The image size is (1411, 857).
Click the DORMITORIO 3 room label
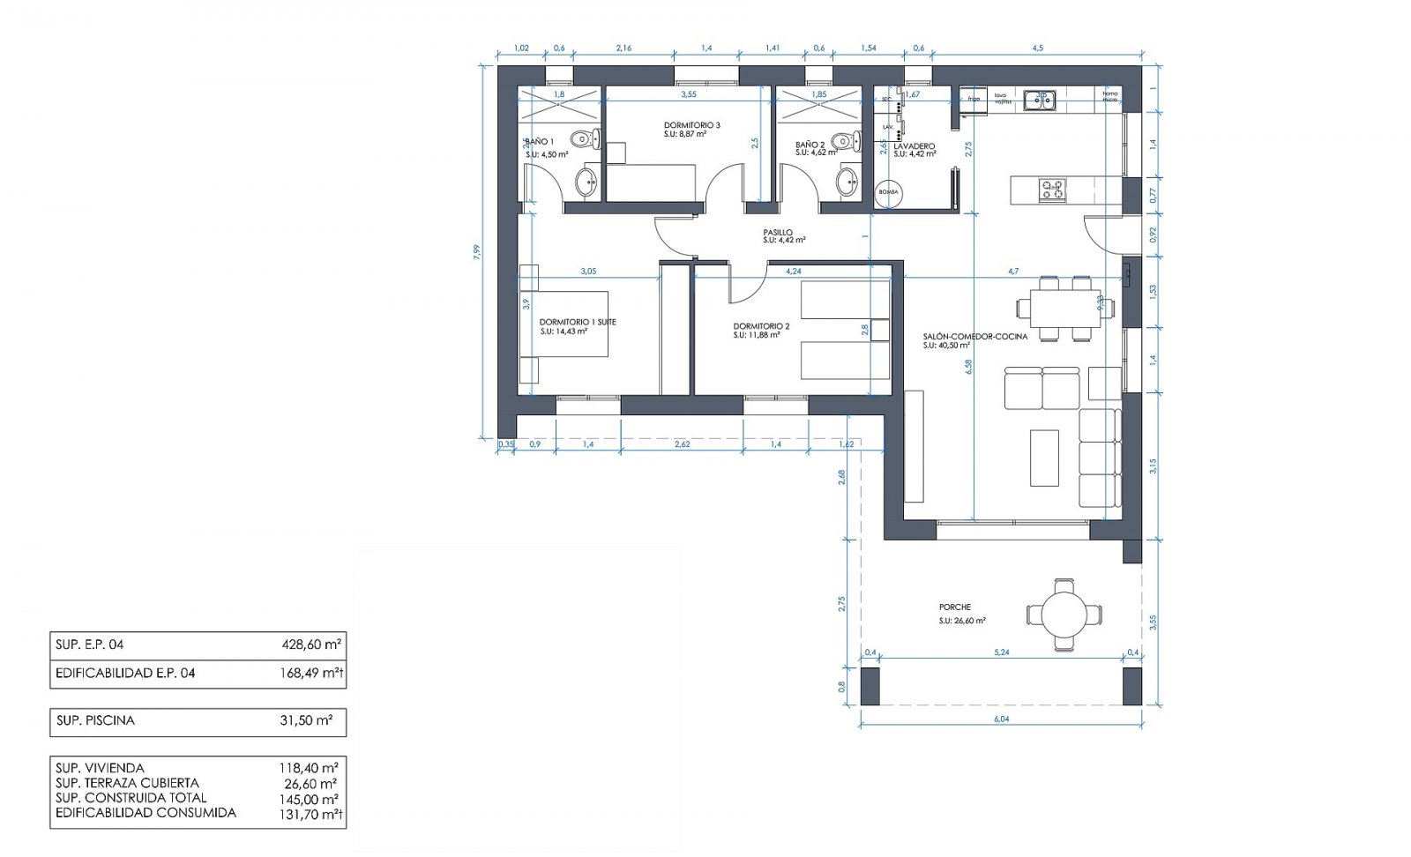click(x=691, y=125)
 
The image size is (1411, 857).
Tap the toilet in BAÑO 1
click(x=584, y=139)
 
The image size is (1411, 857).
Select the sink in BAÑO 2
click(x=847, y=183)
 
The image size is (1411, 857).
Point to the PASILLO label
click(x=778, y=233)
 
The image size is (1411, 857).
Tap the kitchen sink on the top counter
click(x=1038, y=101)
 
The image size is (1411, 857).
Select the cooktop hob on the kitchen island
click(x=1052, y=189)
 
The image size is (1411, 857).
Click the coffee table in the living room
click(x=1044, y=457)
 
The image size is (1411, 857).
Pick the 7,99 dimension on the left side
click(x=477, y=252)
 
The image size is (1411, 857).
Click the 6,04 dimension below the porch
click(x=1001, y=720)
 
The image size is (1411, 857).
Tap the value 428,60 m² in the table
click(x=310, y=645)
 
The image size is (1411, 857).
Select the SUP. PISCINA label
click(x=95, y=720)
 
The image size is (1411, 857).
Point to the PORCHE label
click(x=955, y=607)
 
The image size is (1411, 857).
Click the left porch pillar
click(x=870, y=686)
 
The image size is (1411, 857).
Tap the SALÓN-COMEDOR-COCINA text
click(x=974, y=337)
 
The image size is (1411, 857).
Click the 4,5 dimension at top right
click(x=1037, y=48)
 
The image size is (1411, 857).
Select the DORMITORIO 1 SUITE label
click(x=578, y=322)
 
